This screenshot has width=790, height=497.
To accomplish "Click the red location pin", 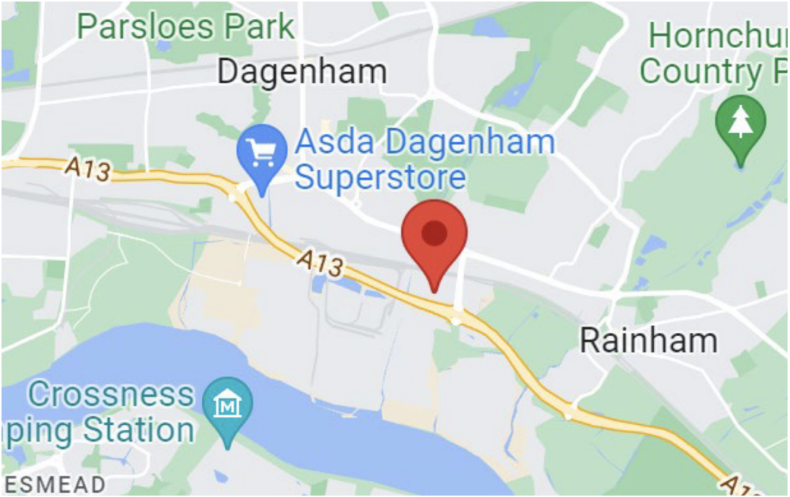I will (x=434, y=237).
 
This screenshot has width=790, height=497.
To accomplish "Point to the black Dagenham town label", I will (x=302, y=72).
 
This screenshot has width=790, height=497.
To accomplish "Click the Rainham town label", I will (x=648, y=341).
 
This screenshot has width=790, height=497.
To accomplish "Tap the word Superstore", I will (x=380, y=177).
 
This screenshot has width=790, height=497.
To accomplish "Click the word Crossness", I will (x=111, y=395).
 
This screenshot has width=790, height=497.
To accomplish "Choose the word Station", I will (x=138, y=430).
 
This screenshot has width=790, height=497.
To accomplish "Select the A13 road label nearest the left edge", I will (x=90, y=170).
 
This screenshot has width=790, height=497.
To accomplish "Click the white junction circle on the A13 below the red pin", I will (x=456, y=319).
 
